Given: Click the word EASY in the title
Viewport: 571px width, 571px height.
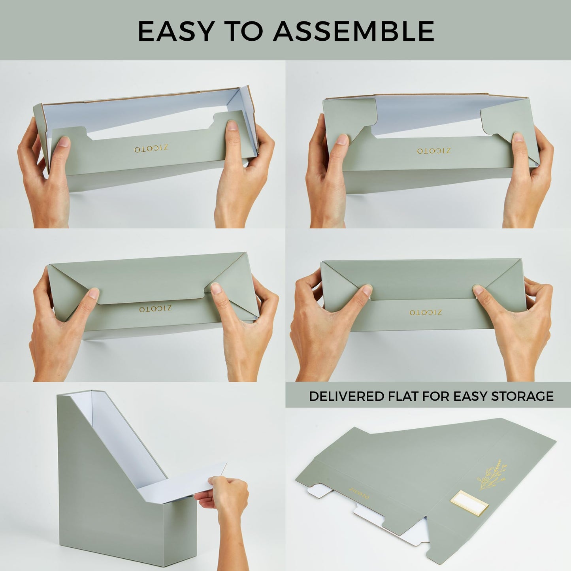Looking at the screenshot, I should [x=176, y=31].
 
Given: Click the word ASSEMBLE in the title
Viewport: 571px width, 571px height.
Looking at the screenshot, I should [x=354, y=31].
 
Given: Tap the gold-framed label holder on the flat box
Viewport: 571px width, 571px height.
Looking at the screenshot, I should [x=469, y=502].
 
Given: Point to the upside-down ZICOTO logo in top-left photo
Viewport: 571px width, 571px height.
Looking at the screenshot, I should [x=151, y=149].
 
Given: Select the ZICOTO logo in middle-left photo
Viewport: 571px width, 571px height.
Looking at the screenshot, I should [x=155, y=309].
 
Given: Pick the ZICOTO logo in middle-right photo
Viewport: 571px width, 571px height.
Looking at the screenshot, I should [x=426, y=312].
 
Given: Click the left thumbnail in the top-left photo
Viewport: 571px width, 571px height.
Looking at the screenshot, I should [x=63, y=142].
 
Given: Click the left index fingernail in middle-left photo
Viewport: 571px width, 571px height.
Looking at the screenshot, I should [x=94, y=293].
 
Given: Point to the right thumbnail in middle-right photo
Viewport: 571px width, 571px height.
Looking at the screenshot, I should [x=479, y=290].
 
